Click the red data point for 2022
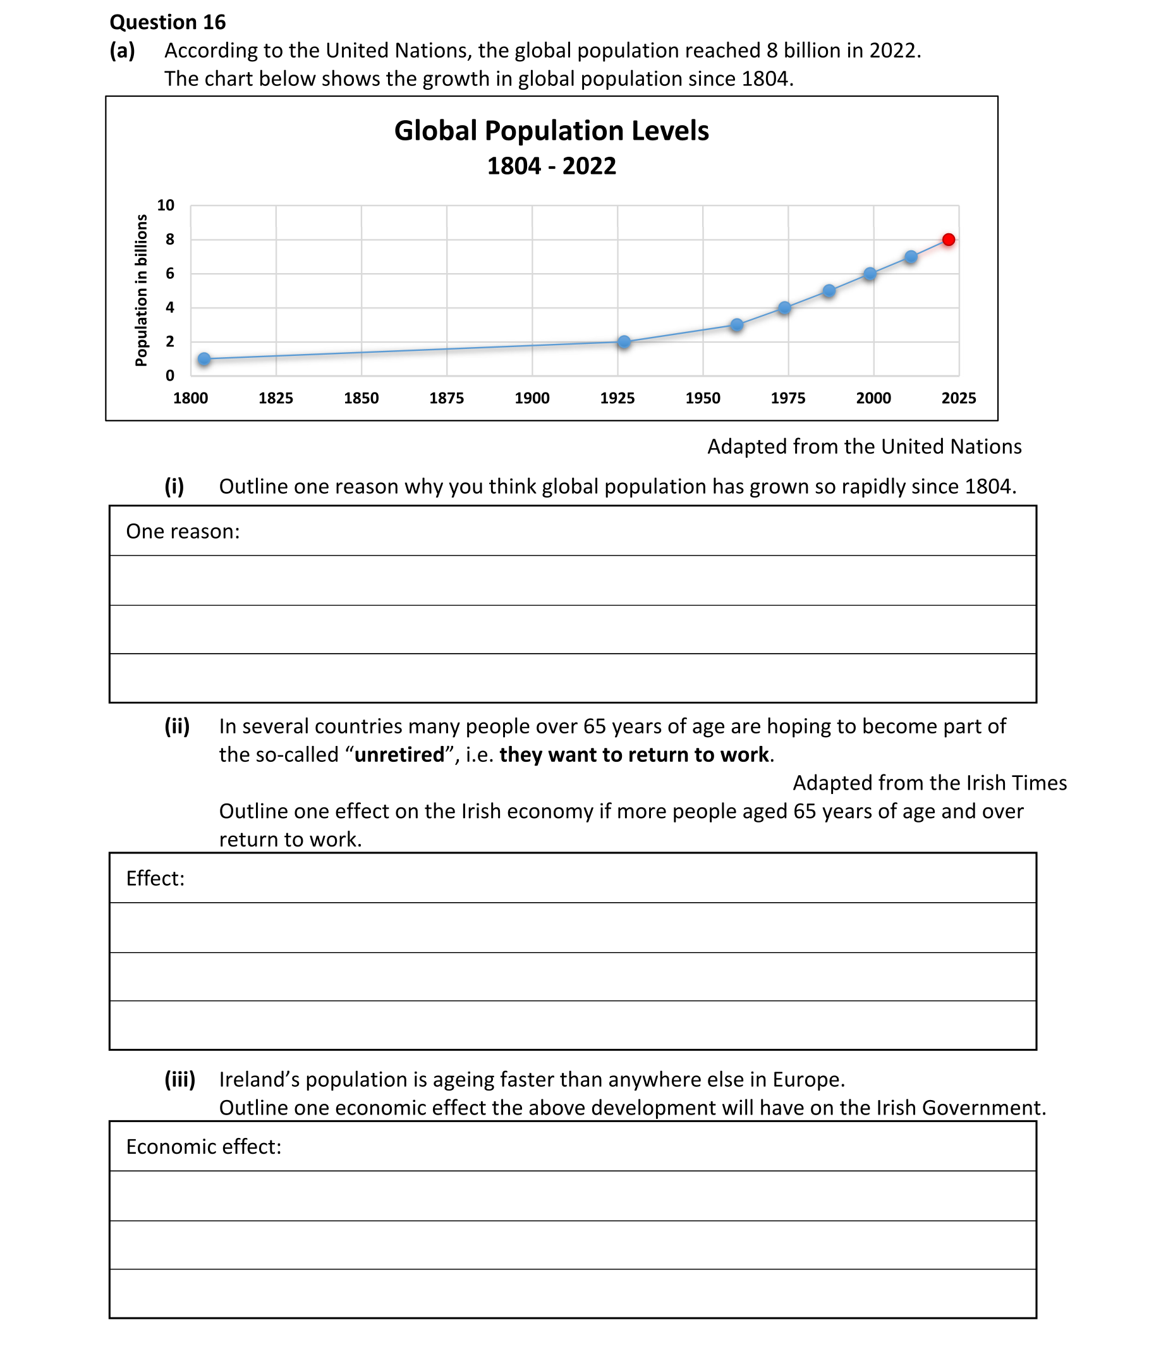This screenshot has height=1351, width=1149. click(949, 240)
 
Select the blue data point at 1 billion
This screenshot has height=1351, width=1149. click(204, 359)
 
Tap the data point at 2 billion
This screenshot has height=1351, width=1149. click(624, 342)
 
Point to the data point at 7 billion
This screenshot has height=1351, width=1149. click(911, 257)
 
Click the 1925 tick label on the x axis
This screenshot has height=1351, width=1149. click(617, 398)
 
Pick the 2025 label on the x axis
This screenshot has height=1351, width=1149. click(958, 398)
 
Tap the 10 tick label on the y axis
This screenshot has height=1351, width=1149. click(166, 205)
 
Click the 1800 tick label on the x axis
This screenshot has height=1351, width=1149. click(190, 398)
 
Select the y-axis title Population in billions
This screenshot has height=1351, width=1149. click(141, 291)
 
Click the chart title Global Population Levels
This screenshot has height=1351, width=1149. click(551, 131)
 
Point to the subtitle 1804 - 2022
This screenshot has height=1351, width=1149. click(551, 166)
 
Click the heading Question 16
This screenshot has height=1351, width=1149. click(167, 22)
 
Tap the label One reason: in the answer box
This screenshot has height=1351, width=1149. click(183, 532)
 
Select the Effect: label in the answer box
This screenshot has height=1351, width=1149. click(155, 878)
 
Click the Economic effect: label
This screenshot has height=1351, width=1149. click(204, 1146)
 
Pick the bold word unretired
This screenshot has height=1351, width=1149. click(399, 754)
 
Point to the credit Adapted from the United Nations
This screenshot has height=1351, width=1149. click(865, 446)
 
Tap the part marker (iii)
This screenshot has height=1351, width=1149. click(179, 1079)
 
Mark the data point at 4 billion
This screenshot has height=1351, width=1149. click(784, 307)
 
